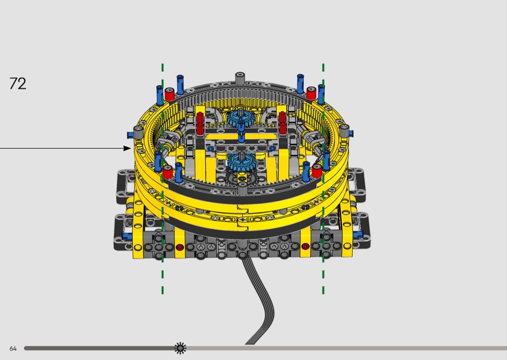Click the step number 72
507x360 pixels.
(18, 83)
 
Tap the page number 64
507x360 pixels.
(13, 348)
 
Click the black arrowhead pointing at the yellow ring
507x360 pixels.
(127, 148)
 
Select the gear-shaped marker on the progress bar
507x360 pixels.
(181, 348)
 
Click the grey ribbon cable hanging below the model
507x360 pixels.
(259, 301)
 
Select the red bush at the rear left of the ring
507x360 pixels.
(169, 94)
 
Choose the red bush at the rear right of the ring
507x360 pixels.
(311, 93)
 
